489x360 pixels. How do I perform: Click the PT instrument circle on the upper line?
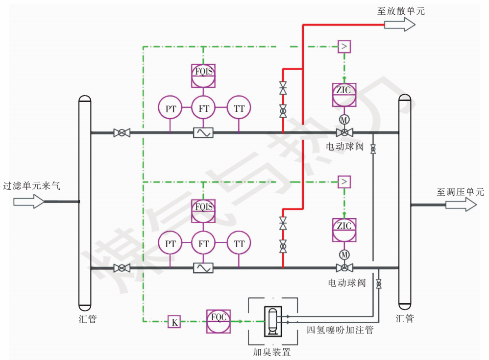[x=171, y=108]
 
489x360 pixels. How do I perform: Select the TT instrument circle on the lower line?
[x=239, y=243]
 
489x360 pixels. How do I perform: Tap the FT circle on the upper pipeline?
[x=204, y=108]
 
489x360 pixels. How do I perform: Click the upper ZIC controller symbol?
[x=344, y=95]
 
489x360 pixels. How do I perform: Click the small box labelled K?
[x=174, y=322]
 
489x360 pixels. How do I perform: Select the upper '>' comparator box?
[x=344, y=47]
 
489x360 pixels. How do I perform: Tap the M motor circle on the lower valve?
[x=344, y=255]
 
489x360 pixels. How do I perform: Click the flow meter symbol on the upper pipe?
[x=203, y=132]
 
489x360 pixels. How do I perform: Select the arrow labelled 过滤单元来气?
[x=29, y=201]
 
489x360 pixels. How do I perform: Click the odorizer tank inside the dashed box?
[x=272, y=322]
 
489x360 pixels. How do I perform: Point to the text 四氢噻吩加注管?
[x=340, y=330]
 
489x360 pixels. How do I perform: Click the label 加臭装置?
[x=272, y=352]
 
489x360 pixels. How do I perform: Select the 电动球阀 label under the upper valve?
[x=345, y=146]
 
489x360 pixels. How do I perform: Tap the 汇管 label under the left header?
[x=88, y=319]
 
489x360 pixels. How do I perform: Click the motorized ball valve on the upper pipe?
[x=344, y=132]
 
